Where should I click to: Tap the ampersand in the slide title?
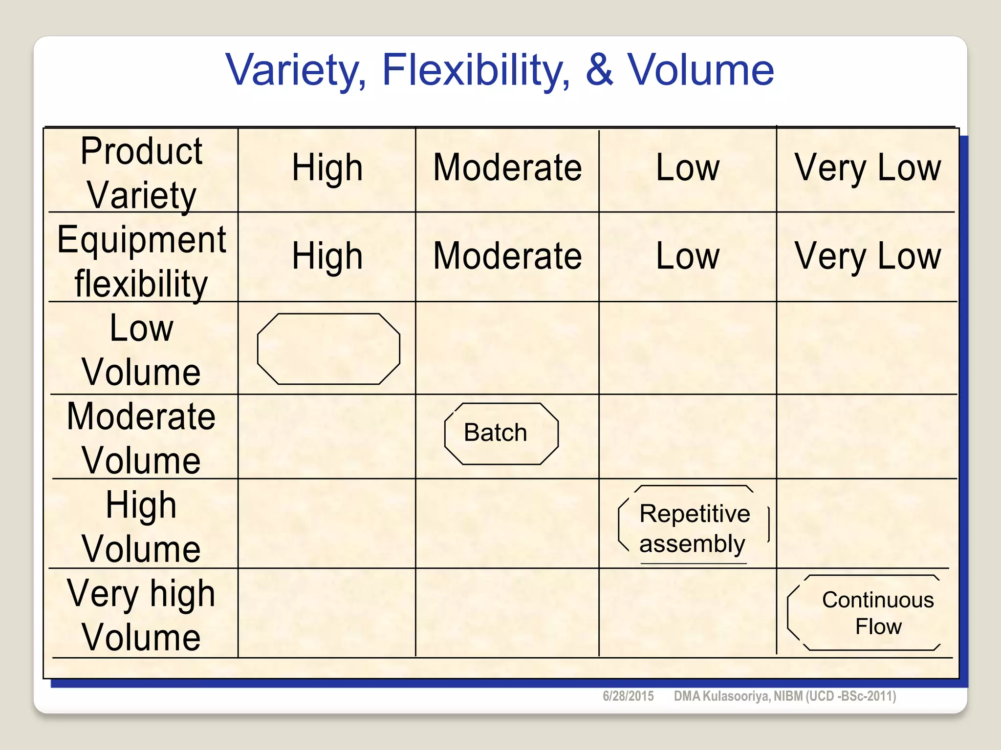pos(599,70)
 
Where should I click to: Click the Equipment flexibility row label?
pos(142,261)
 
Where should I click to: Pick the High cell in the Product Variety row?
pos(327,167)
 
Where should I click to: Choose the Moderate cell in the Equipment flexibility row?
pos(507,256)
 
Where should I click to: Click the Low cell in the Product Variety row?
pos(687,167)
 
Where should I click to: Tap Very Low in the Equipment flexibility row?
pos(868,256)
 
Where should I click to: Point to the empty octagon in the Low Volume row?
pos(328,349)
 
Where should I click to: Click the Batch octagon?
pos(501,433)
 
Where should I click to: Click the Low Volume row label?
pos(142,350)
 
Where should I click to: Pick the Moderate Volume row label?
pos(142,438)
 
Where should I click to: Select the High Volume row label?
pos(142,526)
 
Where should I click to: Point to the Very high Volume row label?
pos(142,615)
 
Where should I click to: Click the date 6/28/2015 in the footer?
pos(628,696)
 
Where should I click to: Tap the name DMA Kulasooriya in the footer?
pos(721,696)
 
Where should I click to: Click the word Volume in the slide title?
pos(700,70)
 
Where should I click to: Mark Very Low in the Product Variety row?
pos(868,167)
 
